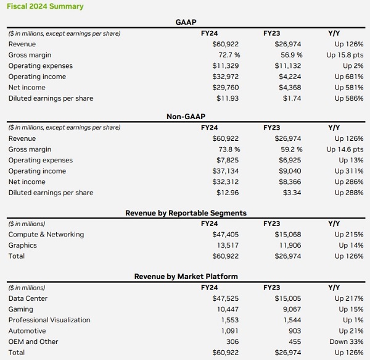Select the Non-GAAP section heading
186,117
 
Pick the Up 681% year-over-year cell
349,77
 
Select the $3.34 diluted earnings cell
292,193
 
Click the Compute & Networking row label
46,235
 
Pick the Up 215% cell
349,235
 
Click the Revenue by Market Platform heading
186,277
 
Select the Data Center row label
28,298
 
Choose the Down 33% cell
347,341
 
